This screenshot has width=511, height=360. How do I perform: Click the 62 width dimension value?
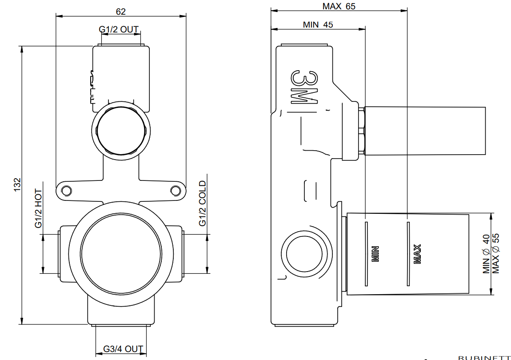point(120,11)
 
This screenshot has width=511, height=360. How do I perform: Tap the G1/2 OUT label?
point(119,30)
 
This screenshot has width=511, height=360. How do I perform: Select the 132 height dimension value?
point(17,184)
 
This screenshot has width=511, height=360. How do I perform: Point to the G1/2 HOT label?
point(39,209)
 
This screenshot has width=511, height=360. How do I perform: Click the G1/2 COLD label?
point(203,203)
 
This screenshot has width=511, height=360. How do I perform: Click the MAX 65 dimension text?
point(339,6)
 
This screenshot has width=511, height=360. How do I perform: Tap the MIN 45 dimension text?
point(318,25)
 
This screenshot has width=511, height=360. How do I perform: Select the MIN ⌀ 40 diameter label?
point(486,254)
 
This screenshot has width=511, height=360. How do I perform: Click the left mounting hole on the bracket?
point(66,190)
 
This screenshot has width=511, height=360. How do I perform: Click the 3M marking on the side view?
point(305,87)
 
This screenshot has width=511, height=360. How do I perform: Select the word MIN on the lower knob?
point(375,254)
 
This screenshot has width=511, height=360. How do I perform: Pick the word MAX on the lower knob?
point(417,254)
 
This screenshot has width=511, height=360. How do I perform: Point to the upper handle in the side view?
point(424,131)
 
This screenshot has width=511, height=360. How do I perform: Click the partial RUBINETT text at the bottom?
point(484,357)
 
